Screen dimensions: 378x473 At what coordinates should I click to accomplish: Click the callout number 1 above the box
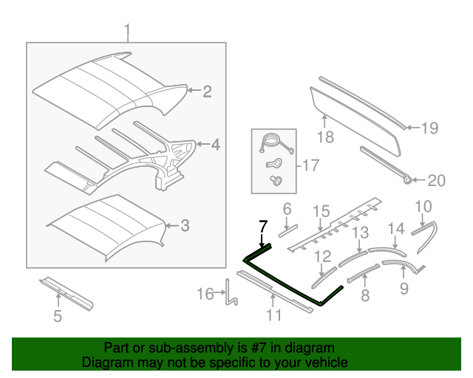click(126, 31)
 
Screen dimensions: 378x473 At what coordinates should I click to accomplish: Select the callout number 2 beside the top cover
click(207, 92)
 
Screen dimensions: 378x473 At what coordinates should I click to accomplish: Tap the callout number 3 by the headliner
click(186, 225)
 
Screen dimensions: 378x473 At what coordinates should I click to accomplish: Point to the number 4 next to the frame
click(215, 145)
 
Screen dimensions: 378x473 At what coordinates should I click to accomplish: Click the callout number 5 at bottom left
click(58, 318)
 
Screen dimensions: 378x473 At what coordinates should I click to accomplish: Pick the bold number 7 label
click(262, 226)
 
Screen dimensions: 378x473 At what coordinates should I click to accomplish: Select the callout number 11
click(274, 316)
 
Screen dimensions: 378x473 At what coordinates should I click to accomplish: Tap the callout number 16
click(205, 295)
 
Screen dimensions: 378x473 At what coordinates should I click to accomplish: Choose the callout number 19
click(429, 128)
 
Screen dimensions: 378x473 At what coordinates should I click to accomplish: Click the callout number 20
click(438, 180)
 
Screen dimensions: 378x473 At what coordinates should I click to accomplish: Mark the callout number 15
click(319, 212)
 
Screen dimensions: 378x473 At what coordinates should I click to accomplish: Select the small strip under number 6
click(287, 230)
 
